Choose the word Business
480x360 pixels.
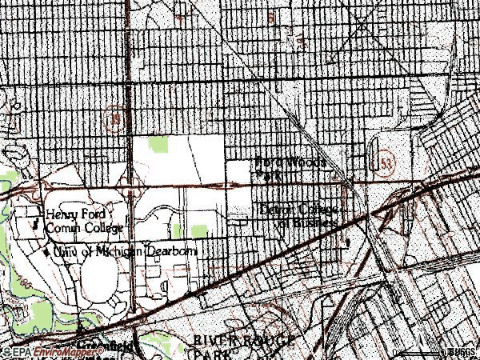pos(309,224)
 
